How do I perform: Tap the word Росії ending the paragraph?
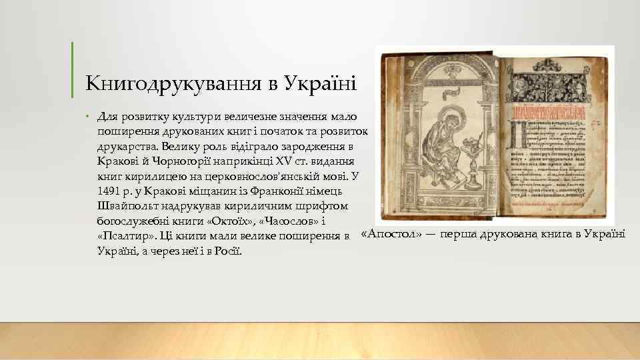[227, 251]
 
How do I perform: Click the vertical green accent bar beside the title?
[72, 69]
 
